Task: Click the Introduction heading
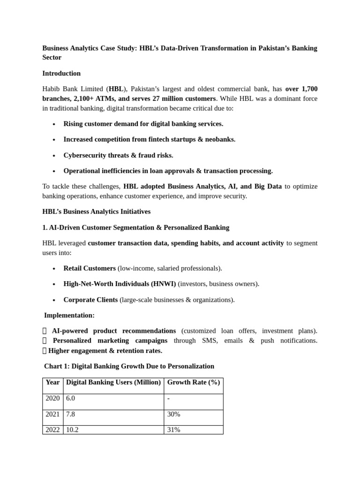point(61,74)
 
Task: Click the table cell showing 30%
point(173,414)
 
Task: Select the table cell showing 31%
point(173,430)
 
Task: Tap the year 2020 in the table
point(52,398)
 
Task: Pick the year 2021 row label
point(52,414)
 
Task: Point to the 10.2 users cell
point(72,430)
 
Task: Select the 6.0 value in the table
point(70,398)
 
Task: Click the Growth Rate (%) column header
point(193,382)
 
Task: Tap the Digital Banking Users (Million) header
point(113,382)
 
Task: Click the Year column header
point(52,382)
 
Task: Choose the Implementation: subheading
point(69,315)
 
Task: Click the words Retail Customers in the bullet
point(90,269)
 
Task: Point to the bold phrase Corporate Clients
point(91,300)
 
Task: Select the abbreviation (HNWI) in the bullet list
point(164,284)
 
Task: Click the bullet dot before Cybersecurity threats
point(54,156)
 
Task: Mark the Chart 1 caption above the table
point(129,367)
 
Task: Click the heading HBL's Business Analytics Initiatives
point(96,212)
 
